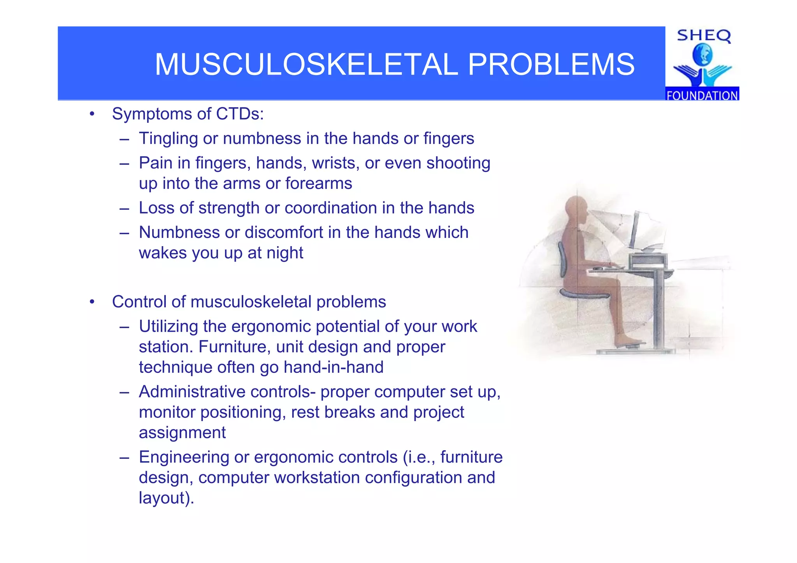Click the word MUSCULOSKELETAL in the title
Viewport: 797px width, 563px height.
306,65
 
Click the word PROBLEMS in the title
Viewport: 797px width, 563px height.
551,65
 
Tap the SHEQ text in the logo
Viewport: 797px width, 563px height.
704,36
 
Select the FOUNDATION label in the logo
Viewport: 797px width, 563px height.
702,95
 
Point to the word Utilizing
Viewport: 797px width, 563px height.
169,327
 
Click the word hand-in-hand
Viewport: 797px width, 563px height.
334,367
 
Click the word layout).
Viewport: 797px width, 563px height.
166,498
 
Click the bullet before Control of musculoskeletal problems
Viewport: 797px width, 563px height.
92,302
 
